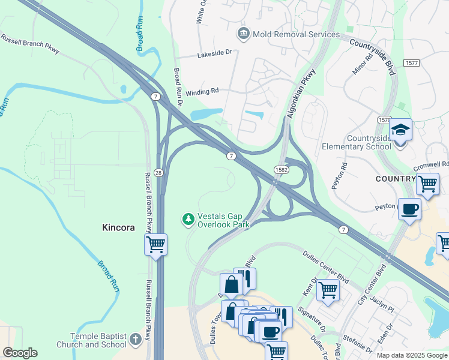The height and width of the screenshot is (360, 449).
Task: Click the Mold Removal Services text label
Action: [x=297, y=34]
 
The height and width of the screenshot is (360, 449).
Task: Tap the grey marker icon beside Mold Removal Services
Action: [x=244, y=33]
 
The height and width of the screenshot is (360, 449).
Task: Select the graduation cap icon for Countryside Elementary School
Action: [x=400, y=130]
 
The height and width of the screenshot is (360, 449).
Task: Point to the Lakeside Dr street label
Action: [x=214, y=55]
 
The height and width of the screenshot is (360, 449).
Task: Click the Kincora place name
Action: [x=118, y=228]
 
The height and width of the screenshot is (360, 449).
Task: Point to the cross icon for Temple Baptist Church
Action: [x=136, y=340]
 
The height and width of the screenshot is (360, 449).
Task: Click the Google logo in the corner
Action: [x=20, y=353]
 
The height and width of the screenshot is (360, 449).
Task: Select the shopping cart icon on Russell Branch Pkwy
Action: [x=155, y=245]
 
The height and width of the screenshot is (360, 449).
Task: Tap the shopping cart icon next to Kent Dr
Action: [x=328, y=290]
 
